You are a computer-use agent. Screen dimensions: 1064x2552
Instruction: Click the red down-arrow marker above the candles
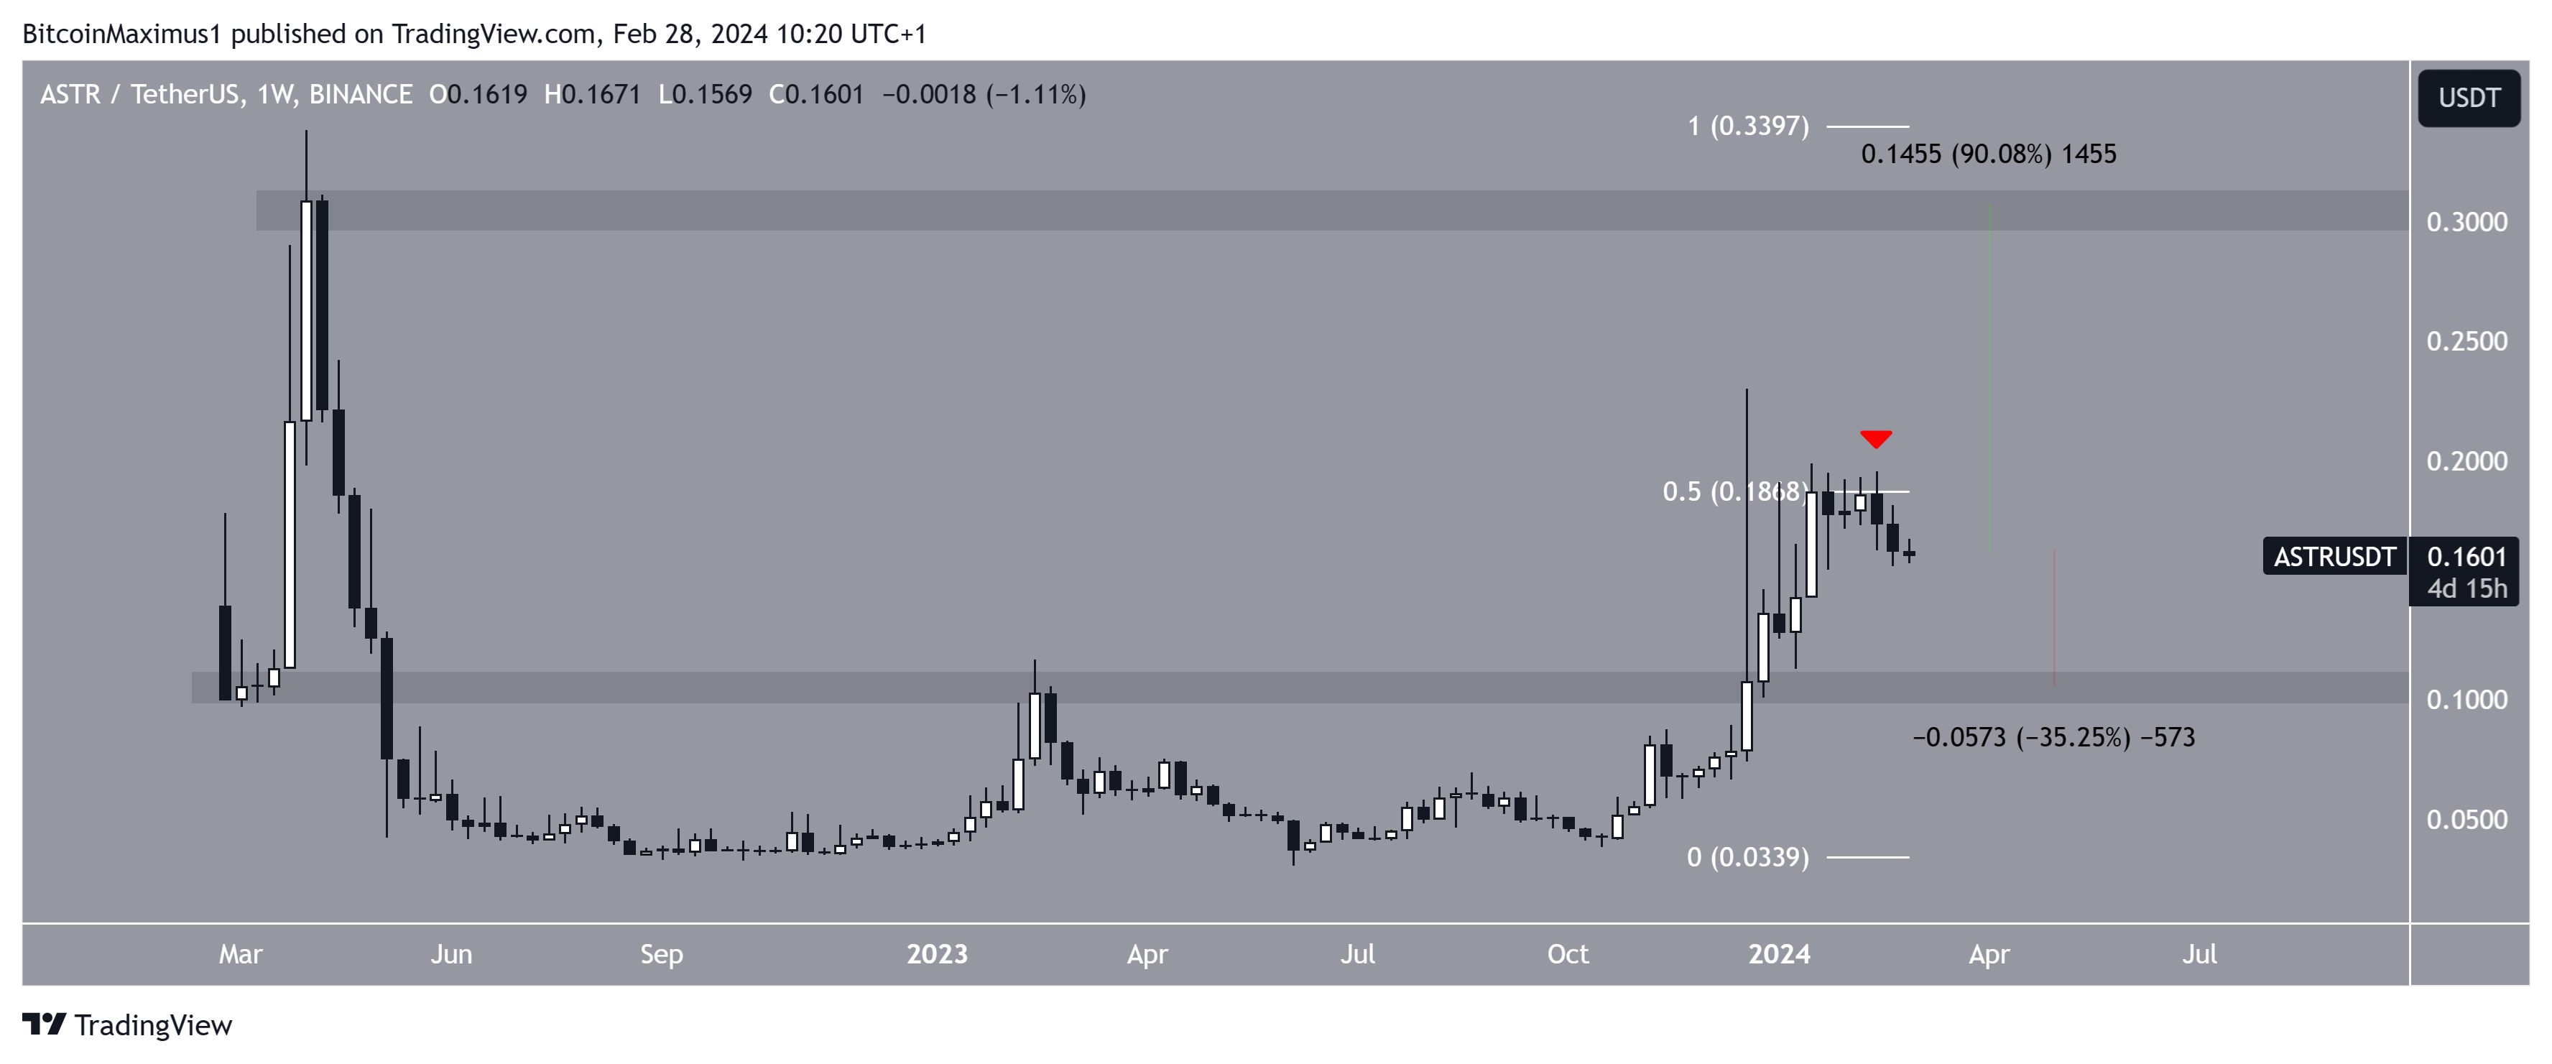[x=1875, y=438]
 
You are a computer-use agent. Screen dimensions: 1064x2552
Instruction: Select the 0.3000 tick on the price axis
[x=2466, y=222]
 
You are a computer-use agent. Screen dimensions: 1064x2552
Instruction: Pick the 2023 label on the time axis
[x=936, y=954]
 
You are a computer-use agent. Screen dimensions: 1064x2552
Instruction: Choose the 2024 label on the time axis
[x=1778, y=954]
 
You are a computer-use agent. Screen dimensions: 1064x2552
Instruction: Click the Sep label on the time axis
[x=661, y=954]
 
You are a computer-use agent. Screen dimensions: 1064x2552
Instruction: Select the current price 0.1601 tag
[x=2466, y=557]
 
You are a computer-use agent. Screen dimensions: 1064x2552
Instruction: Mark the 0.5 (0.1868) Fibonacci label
[x=1734, y=491]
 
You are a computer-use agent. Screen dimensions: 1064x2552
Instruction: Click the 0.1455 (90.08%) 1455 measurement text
[x=1987, y=154]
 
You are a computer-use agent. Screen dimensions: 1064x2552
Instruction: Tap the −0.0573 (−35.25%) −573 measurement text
[x=2053, y=737]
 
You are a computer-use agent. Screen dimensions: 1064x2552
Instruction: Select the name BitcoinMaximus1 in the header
[x=121, y=34]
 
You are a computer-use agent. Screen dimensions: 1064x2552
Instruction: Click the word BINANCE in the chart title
[x=361, y=95]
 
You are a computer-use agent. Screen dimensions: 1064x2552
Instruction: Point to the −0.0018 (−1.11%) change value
[x=984, y=95]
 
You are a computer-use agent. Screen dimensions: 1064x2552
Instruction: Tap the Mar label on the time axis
[x=241, y=954]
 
